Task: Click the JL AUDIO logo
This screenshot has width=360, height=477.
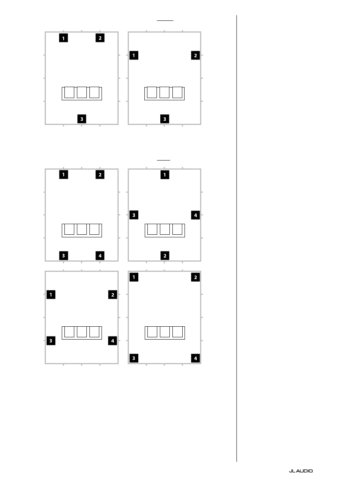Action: pos(301,471)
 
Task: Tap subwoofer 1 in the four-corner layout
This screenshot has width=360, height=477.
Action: pos(134,277)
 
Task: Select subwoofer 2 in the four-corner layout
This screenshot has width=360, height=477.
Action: pos(196,277)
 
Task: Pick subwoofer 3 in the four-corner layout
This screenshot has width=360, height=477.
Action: pos(134,358)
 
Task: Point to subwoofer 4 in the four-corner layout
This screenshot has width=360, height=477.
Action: pos(196,358)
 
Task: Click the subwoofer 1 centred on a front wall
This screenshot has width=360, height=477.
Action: pos(164,175)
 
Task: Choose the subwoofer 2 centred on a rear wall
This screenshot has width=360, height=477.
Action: pos(164,256)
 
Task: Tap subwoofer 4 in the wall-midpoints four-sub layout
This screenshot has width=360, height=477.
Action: pos(196,215)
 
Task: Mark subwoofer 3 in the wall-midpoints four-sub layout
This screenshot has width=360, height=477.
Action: pos(134,215)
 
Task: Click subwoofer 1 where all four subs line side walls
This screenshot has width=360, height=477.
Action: pos(51,294)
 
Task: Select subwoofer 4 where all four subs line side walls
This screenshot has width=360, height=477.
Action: pos(113,341)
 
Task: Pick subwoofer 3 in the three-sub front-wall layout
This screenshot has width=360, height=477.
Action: pos(81,119)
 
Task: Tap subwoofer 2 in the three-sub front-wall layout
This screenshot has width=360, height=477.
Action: pos(100,38)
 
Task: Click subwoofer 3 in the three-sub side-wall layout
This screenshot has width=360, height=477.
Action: pos(164,119)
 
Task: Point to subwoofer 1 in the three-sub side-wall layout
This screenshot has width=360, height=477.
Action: pos(134,55)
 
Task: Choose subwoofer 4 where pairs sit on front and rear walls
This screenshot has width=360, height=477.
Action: pos(100,256)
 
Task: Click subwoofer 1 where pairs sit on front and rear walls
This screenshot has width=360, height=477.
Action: pos(63,175)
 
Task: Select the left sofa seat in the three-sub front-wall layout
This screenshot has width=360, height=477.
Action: pos(69,92)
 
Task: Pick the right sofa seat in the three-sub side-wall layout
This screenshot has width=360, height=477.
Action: pos(177,92)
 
